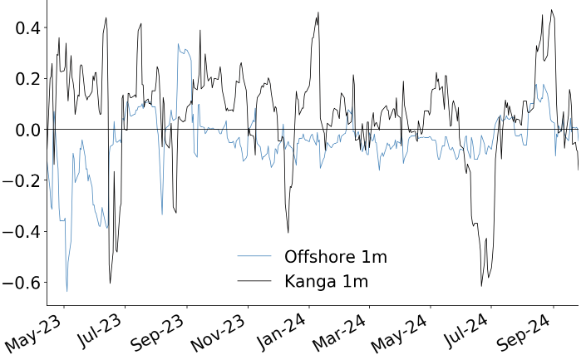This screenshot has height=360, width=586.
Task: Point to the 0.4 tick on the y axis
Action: coord(24,28)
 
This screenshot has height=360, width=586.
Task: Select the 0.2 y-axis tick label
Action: coord(24,79)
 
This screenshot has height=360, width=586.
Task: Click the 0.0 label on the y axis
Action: coord(24,130)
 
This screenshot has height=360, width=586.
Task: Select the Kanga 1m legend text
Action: coord(326,281)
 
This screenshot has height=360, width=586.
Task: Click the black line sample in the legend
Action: coord(254,281)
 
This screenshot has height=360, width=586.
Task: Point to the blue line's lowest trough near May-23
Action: coord(67,291)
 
